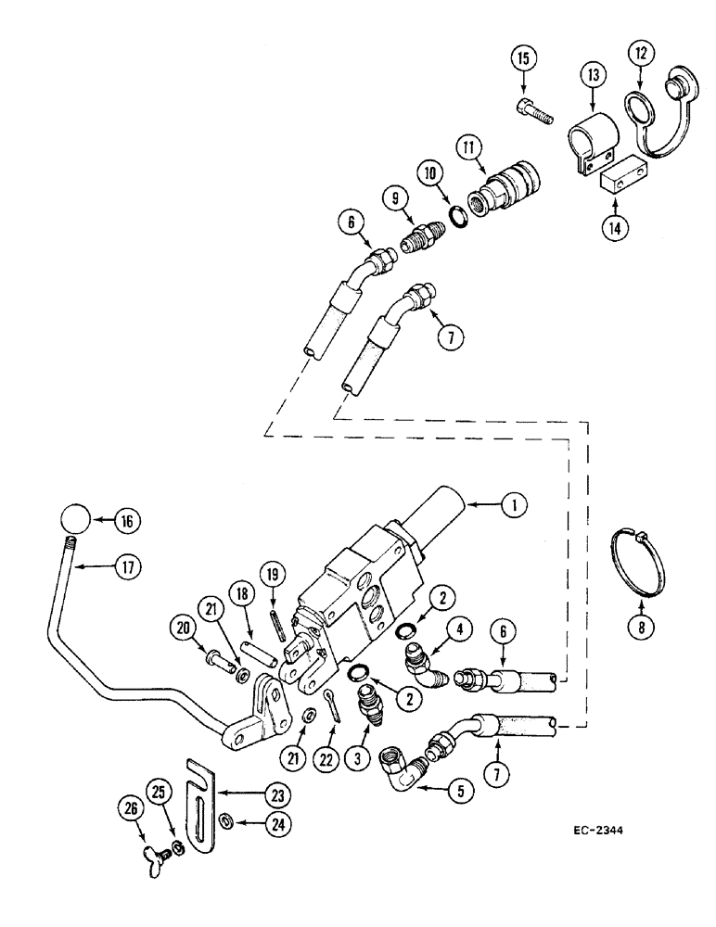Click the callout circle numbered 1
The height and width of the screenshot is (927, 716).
(511, 505)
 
